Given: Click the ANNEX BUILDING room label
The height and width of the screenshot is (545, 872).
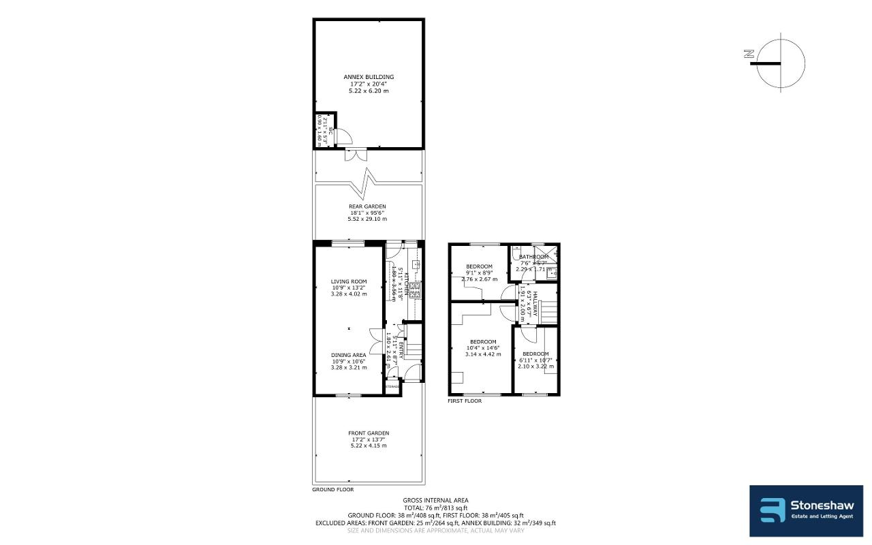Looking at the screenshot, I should click(x=369, y=77).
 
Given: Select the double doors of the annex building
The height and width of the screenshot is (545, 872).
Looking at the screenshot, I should click(x=354, y=154).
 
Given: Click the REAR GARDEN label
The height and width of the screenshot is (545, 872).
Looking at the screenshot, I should click(x=368, y=206).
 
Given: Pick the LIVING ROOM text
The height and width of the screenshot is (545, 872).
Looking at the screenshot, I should click(x=349, y=281).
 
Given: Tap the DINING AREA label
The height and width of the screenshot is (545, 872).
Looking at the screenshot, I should click(x=349, y=355).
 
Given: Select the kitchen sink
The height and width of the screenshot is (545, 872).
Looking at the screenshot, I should click(x=414, y=263).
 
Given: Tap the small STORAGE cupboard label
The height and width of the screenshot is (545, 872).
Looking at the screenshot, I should click(x=391, y=386).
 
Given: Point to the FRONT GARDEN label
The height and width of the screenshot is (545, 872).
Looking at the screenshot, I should click(x=368, y=433).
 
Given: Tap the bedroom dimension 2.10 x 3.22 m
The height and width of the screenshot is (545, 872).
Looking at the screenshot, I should click(x=535, y=367).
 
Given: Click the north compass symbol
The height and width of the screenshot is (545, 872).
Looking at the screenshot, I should click(x=780, y=64).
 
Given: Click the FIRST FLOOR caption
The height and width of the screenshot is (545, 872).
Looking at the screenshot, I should click(x=465, y=401).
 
